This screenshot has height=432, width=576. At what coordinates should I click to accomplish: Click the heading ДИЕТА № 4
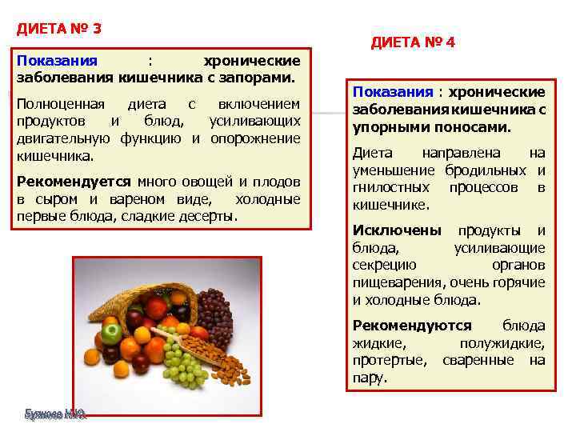pos(413,42)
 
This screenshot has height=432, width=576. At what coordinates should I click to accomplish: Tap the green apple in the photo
pos(110,332)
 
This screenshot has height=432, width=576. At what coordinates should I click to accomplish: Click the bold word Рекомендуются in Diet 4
pos(412,326)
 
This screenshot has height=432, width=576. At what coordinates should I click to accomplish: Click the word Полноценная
pos(64,103)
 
